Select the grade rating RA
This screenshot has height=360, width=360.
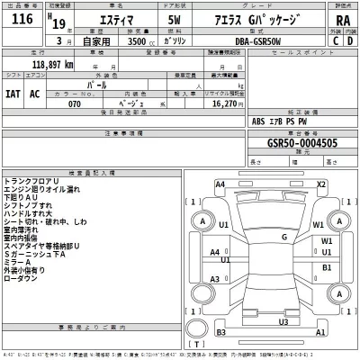coord(342,20)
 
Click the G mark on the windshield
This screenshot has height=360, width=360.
coord(283,237)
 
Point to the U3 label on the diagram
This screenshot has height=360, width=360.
coord(283,321)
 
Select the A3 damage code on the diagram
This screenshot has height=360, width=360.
coord(216,280)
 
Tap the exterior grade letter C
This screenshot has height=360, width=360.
coord(336,40)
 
